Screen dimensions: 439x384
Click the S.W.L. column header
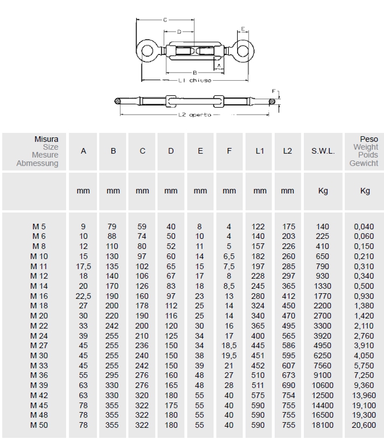point(323,151)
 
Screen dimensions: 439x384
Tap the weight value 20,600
point(364,425)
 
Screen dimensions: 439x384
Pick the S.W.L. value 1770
point(323,296)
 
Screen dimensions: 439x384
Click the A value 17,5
point(83,266)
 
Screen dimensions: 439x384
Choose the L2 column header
point(288,151)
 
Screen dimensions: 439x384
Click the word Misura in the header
point(46,139)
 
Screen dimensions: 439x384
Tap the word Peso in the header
point(369,139)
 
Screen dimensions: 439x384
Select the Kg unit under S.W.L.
point(323,191)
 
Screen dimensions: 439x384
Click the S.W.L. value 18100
point(323,425)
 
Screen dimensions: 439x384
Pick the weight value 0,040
point(364,226)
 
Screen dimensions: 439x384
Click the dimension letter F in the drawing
point(274,91)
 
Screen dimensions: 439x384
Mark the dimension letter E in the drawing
point(243,29)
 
